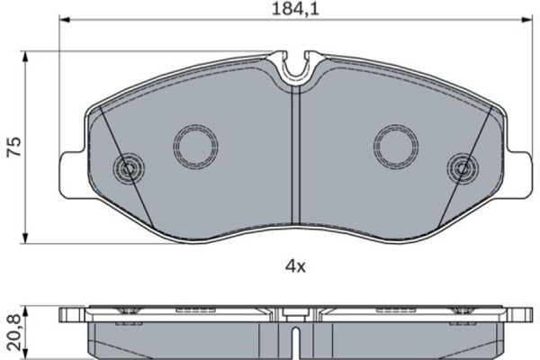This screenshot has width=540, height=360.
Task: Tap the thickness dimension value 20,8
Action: [13, 333]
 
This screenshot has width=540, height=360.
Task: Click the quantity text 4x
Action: [296, 265]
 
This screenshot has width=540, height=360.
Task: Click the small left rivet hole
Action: [128, 167]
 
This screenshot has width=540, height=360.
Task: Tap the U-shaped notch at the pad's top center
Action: [296, 67]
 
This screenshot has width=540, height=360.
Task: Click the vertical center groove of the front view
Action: [296, 162]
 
